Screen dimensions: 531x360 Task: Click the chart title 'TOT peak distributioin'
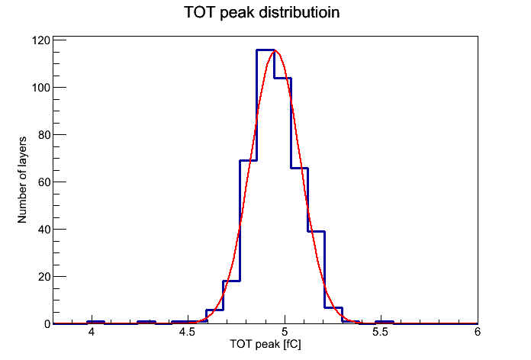coord(262,13)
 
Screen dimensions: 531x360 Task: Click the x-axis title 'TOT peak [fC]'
coord(265,344)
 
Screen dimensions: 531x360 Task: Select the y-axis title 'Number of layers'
coord(22,180)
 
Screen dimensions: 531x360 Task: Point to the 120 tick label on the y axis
coord(40,40)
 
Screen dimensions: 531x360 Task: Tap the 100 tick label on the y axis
coord(40,88)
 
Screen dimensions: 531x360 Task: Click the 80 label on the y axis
coord(44,135)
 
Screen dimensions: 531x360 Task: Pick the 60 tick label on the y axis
coord(44,182)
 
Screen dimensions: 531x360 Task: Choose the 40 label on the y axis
coord(44,230)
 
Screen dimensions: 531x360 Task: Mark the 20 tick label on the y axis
coord(44,277)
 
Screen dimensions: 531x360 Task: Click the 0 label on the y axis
coord(47,324)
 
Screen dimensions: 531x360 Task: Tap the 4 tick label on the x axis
coord(91,332)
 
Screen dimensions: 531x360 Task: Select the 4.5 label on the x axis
coord(187,332)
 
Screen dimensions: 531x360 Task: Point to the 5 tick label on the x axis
coord(285,332)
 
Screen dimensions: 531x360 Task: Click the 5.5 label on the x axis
coord(380,332)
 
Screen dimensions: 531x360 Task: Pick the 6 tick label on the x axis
coord(478,332)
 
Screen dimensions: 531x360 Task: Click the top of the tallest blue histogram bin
coord(265,50)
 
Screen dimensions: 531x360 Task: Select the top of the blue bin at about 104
coord(283,79)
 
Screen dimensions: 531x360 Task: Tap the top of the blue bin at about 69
coord(248,160)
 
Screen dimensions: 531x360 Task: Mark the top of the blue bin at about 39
coord(317,232)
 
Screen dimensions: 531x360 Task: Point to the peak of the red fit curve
coord(275,50)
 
